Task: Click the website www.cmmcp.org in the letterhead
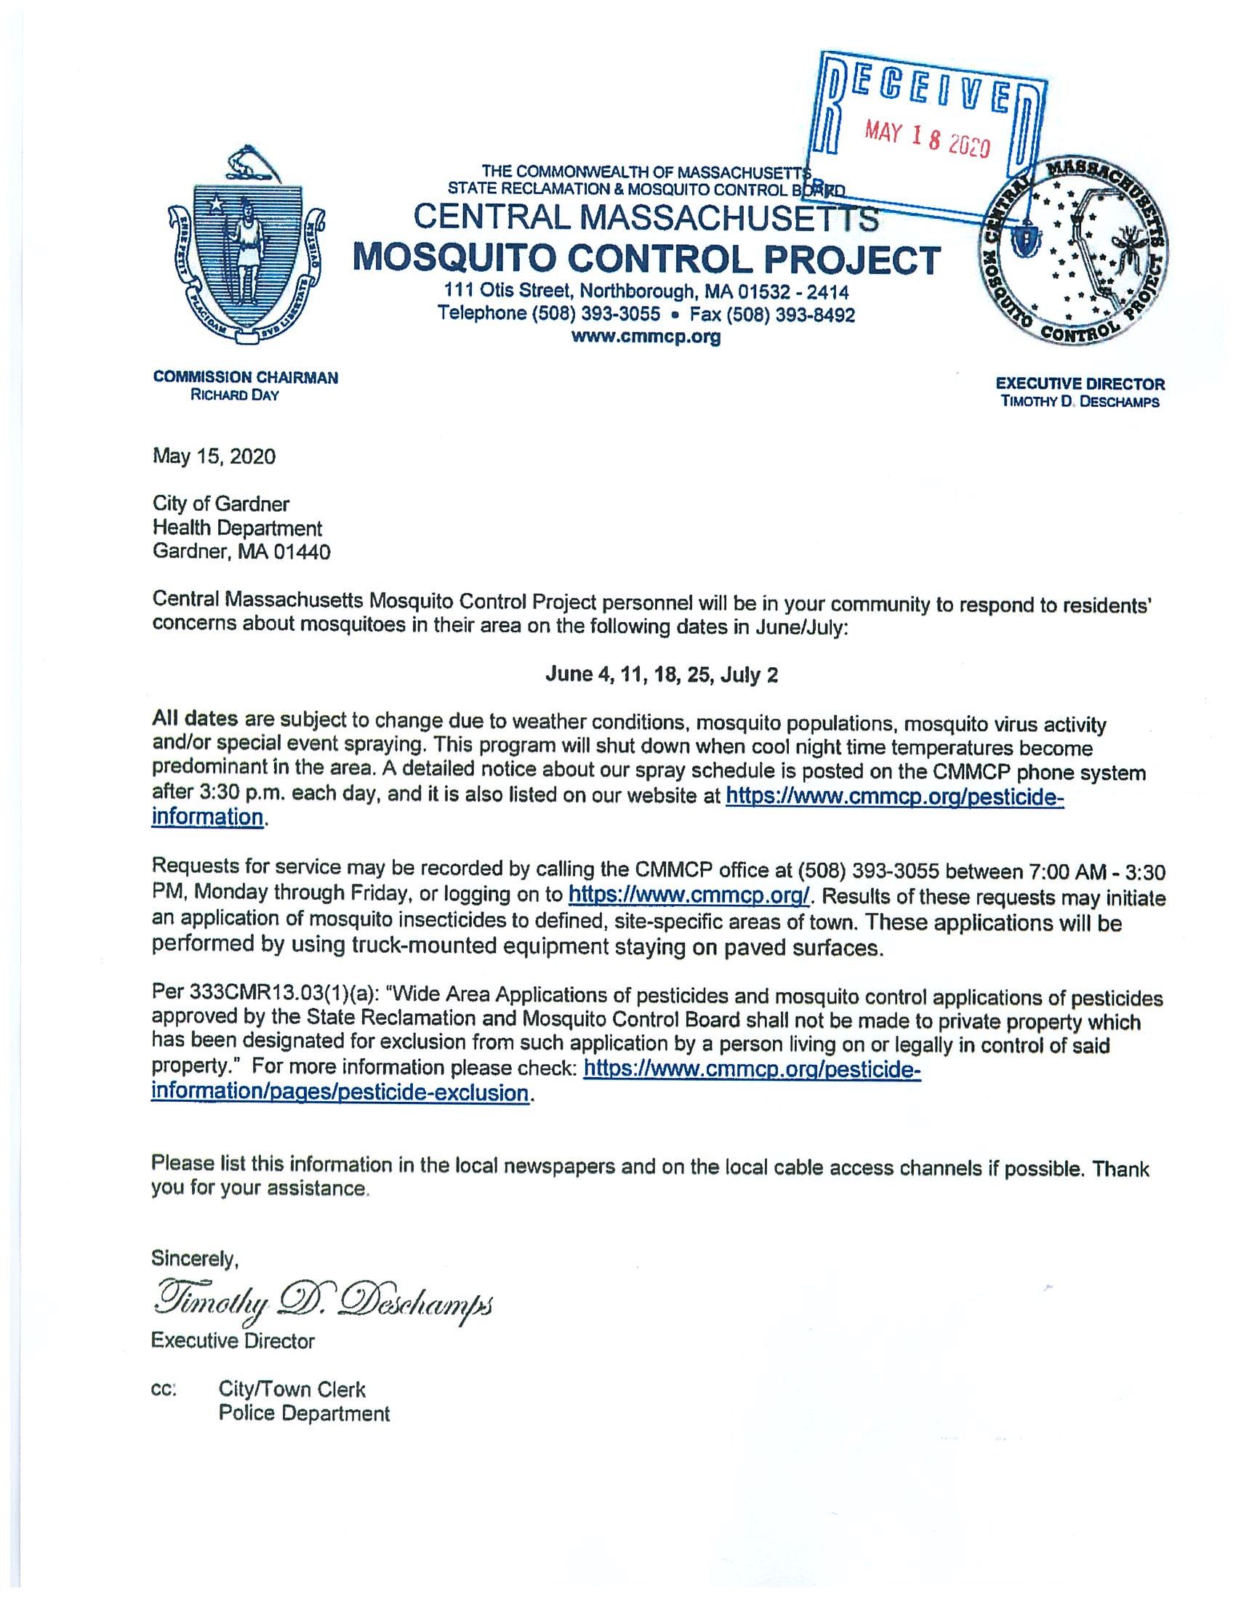[646, 337]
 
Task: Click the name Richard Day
[234, 396]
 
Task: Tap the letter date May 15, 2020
[214, 457]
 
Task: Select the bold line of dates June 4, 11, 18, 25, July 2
[661, 674]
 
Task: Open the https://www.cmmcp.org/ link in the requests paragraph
[689, 895]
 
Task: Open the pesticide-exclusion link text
[339, 1094]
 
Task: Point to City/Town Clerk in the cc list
[292, 1389]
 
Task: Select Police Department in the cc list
[304, 1413]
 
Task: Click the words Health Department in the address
[237, 528]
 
